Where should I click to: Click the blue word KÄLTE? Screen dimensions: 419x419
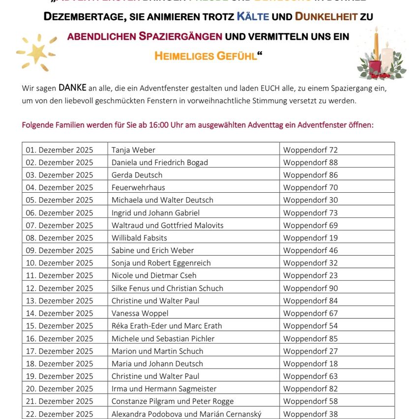[x=253, y=17]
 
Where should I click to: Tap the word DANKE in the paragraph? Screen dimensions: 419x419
[x=72, y=88]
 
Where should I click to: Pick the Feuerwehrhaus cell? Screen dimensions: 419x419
[x=138, y=187]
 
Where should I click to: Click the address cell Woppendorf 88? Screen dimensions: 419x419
[x=310, y=162]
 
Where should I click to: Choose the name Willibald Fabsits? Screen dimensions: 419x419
[x=139, y=238]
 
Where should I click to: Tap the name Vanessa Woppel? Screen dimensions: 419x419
[x=140, y=313]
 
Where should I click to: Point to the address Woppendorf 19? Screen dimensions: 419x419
[x=310, y=238]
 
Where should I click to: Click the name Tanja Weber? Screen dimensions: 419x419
[x=133, y=150]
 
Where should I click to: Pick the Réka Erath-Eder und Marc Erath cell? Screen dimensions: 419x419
[x=167, y=326]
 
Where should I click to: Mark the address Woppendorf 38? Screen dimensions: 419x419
[x=310, y=414]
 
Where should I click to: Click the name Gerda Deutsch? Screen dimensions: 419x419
[x=137, y=175]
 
